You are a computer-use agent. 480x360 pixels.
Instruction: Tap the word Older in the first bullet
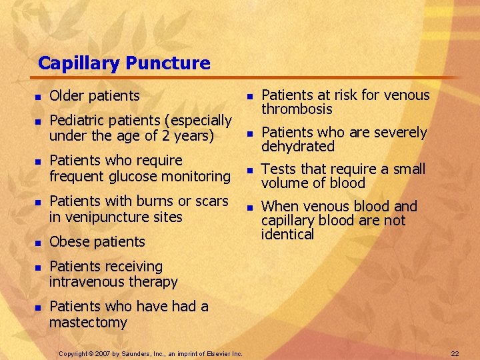tap(66, 96)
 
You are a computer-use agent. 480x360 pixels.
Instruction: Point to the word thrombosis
tap(297, 109)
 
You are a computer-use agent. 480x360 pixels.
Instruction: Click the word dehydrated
tap(297, 146)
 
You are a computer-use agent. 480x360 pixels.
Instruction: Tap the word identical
tap(287, 234)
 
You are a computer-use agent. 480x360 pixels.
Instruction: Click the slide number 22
tap(455, 353)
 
